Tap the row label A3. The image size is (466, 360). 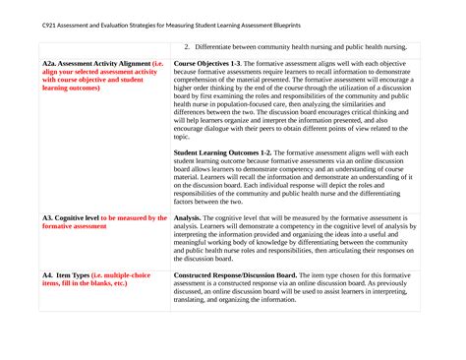pos(48,218)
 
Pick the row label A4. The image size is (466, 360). pos(48,274)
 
